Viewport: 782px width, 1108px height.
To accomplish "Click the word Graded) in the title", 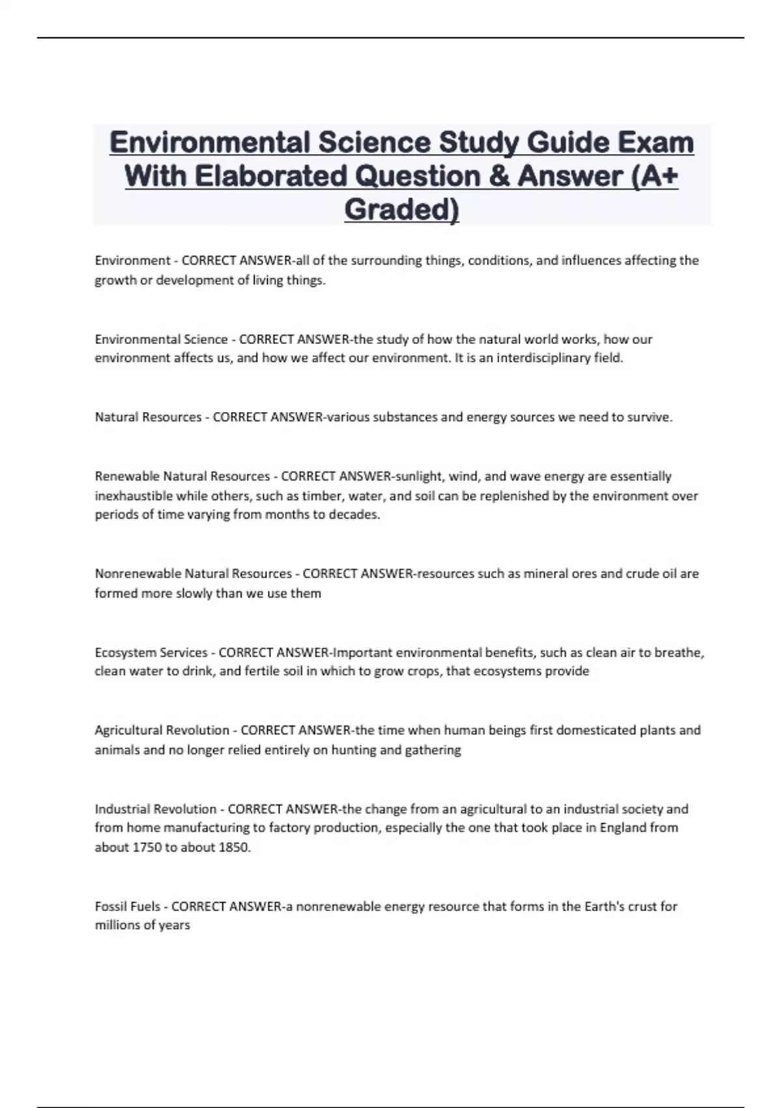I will coord(401,210).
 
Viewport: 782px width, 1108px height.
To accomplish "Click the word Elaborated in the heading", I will coord(270,176).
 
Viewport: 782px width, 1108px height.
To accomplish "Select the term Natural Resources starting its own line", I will coord(148,417).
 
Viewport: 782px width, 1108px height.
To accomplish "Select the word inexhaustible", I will coord(134,496).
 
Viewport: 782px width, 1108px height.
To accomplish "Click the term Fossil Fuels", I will coord(127,907).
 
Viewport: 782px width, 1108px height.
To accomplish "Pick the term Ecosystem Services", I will coord(151,652).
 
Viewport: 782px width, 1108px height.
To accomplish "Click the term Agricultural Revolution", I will coord(162,731).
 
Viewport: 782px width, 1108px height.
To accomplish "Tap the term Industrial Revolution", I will coord(155,809).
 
